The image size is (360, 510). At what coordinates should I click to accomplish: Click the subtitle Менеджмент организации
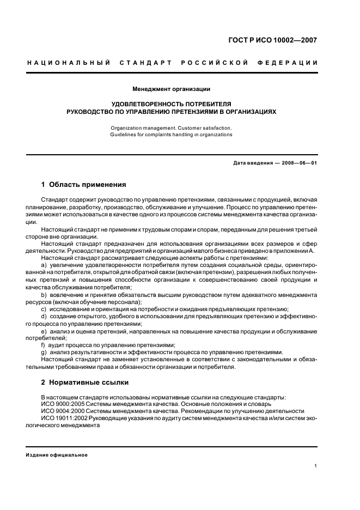tap(172, 89)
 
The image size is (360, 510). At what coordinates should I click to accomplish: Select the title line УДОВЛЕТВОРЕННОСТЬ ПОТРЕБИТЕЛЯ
tap(172, 104)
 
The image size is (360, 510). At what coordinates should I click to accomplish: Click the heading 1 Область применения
tap(83, 185)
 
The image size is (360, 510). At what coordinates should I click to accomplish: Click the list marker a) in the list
tap(44, 264)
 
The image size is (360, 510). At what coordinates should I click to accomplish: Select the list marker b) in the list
tap(44, 295)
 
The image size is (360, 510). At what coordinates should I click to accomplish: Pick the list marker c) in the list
tap(44, 308)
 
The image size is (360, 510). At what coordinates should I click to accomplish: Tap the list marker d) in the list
tap(44, 316)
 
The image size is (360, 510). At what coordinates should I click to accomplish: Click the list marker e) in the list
tap(44, 331)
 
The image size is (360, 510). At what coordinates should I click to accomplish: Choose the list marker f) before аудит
tap(43, 345)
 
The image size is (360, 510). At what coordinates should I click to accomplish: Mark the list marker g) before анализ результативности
tap(44, 352)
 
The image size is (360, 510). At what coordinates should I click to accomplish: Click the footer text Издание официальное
tap(57, 455)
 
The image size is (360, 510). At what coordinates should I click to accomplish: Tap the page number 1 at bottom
tap(315, 466)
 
